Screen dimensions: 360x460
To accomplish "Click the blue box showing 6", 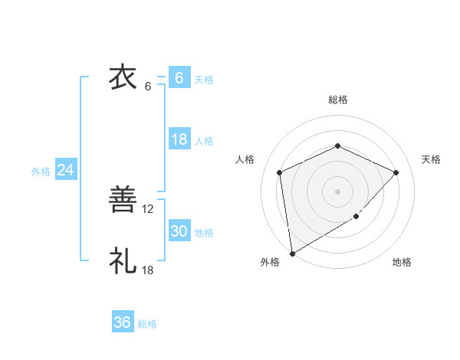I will click(x=179, y=77).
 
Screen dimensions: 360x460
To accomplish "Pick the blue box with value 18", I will click(x=179, y=139).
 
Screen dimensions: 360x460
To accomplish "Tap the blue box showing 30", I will click(x=179, y=231).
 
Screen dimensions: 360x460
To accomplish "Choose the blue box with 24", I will click(x=66, y=170).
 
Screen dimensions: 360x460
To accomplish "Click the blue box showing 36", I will click(x=122, y=322).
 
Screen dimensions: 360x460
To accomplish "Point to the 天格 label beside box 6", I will click(x=204, y=79).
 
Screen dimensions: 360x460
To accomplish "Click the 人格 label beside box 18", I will click(x=204, y=141).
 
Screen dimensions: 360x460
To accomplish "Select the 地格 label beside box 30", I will click(x=204, y=233).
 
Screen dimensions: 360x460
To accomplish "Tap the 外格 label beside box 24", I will click(x=41, y=172).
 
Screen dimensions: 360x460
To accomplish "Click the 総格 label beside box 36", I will click(x=147, y=324).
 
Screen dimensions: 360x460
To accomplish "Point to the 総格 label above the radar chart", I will click(x=337, y=100).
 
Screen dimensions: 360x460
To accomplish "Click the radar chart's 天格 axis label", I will click(x=431, y=159).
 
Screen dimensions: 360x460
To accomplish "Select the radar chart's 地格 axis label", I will click(x=402, y=262).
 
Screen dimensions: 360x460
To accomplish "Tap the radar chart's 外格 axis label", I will click(x=270, y=262).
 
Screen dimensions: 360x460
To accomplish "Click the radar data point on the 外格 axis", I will click(x=292, y=253).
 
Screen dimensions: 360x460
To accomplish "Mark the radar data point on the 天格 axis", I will click(x=396, y=172).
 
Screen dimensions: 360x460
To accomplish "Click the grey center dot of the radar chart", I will click(x=337, y=191).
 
